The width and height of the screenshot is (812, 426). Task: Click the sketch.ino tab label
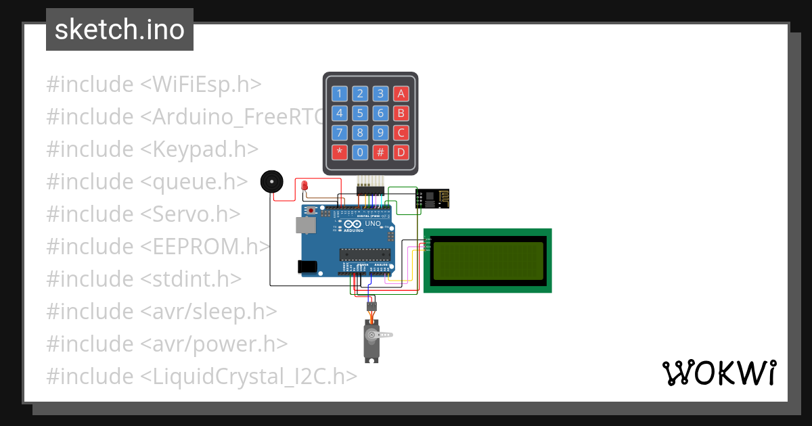point(120,30)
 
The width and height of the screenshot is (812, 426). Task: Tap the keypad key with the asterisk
point(340,152)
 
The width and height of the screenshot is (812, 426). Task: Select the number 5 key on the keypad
point(361,113)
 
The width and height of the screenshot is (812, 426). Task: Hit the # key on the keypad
point(381,152)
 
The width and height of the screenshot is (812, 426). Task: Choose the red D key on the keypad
point(401,152)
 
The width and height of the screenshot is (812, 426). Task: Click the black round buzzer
point(272,183)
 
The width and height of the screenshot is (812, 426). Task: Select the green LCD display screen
point(488,260)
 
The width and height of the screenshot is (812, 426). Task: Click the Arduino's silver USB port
point(307,225)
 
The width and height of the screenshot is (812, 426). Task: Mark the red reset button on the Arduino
point(311,210)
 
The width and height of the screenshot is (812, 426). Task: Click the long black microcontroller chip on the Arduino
point(365,254)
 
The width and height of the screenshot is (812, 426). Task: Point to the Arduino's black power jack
point(309,267)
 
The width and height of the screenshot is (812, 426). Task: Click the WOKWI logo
point(719,373)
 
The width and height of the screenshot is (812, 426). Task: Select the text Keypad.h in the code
point(199,149)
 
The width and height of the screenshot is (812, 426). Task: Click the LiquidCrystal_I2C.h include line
point(202,376)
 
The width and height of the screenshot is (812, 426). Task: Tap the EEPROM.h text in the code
point(205,247)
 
